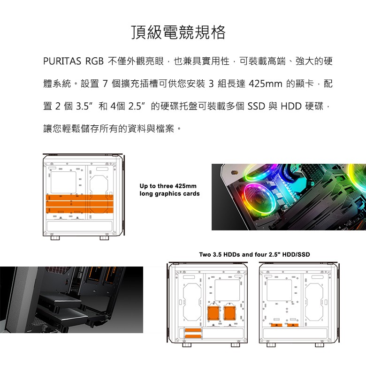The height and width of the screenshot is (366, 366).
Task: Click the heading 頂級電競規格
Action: pos(179,32)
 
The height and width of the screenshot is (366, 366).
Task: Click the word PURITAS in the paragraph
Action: pos(62,61)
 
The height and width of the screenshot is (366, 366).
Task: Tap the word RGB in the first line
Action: pos(94,61)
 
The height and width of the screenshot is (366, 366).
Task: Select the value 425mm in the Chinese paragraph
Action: pos(266,84)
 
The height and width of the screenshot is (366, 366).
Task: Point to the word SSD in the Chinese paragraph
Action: pos(256,106)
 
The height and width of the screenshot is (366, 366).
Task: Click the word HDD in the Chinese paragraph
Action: pos(291,106)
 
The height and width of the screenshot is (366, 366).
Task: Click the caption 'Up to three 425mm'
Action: pos(168,186)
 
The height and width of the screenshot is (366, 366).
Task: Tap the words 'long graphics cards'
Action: pos(170,194)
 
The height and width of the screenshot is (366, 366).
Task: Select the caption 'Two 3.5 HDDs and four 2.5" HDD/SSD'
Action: pos(254,254)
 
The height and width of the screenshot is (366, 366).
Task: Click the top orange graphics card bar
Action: pos(80,197)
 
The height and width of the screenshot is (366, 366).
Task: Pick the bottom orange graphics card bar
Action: pos(80,210)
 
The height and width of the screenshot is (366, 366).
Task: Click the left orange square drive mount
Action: pos(213,313)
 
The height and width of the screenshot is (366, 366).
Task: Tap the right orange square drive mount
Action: pos(229,313)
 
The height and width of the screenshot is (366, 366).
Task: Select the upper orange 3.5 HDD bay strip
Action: pos(193,330)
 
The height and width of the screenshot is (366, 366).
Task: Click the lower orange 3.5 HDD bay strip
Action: pos(193,336)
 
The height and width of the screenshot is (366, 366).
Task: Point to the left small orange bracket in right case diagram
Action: pos(276,325)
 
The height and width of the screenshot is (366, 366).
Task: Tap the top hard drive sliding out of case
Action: pos(60,301)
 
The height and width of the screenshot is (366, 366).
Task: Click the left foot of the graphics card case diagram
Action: pos(55,238)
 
